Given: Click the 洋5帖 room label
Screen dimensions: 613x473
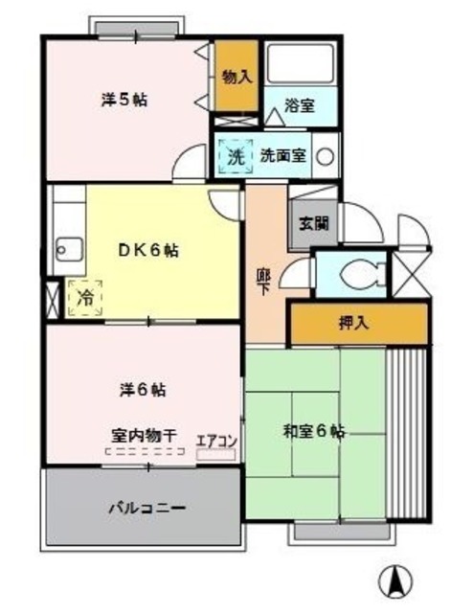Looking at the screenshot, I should pos(124,99).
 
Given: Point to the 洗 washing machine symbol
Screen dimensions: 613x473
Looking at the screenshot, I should pos(235,156).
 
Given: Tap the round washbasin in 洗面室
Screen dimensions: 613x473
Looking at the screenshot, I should pos(327,156).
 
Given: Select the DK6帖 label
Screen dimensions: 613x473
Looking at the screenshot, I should pos(147,251).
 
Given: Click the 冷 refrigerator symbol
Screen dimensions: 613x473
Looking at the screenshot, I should pos(85,297).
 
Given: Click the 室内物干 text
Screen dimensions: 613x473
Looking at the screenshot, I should pos(144,436).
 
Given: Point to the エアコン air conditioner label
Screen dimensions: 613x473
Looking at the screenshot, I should pos(216,441).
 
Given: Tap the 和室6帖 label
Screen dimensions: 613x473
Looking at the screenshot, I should pos(312,431).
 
